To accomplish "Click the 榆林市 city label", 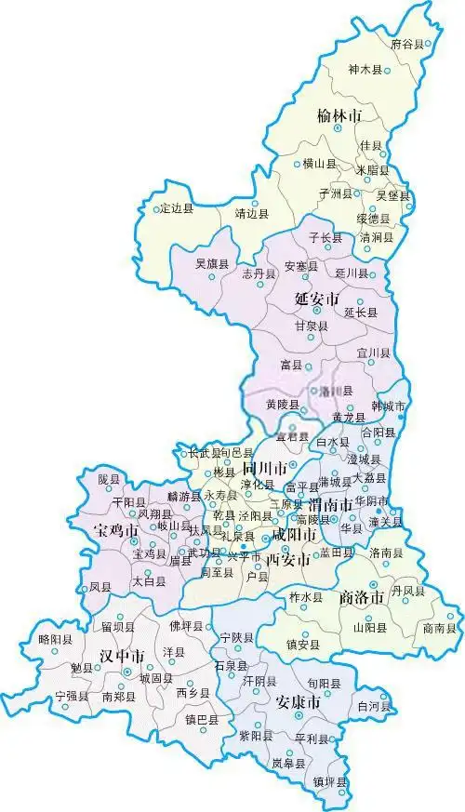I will tap(338, 116).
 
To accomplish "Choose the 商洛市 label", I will tap(362, 598).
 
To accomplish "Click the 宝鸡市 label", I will tap(116, 531).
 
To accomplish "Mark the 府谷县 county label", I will tap(406, 44).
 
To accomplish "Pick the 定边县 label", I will tap(177, 208).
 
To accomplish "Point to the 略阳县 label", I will tap(56, 640).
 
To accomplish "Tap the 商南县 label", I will tap(439, 629).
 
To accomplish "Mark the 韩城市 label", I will tap(389, 407).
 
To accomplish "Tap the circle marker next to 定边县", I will tap(156, 208).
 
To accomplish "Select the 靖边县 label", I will tap(252, 213).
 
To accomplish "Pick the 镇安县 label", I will tap(303, 644).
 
